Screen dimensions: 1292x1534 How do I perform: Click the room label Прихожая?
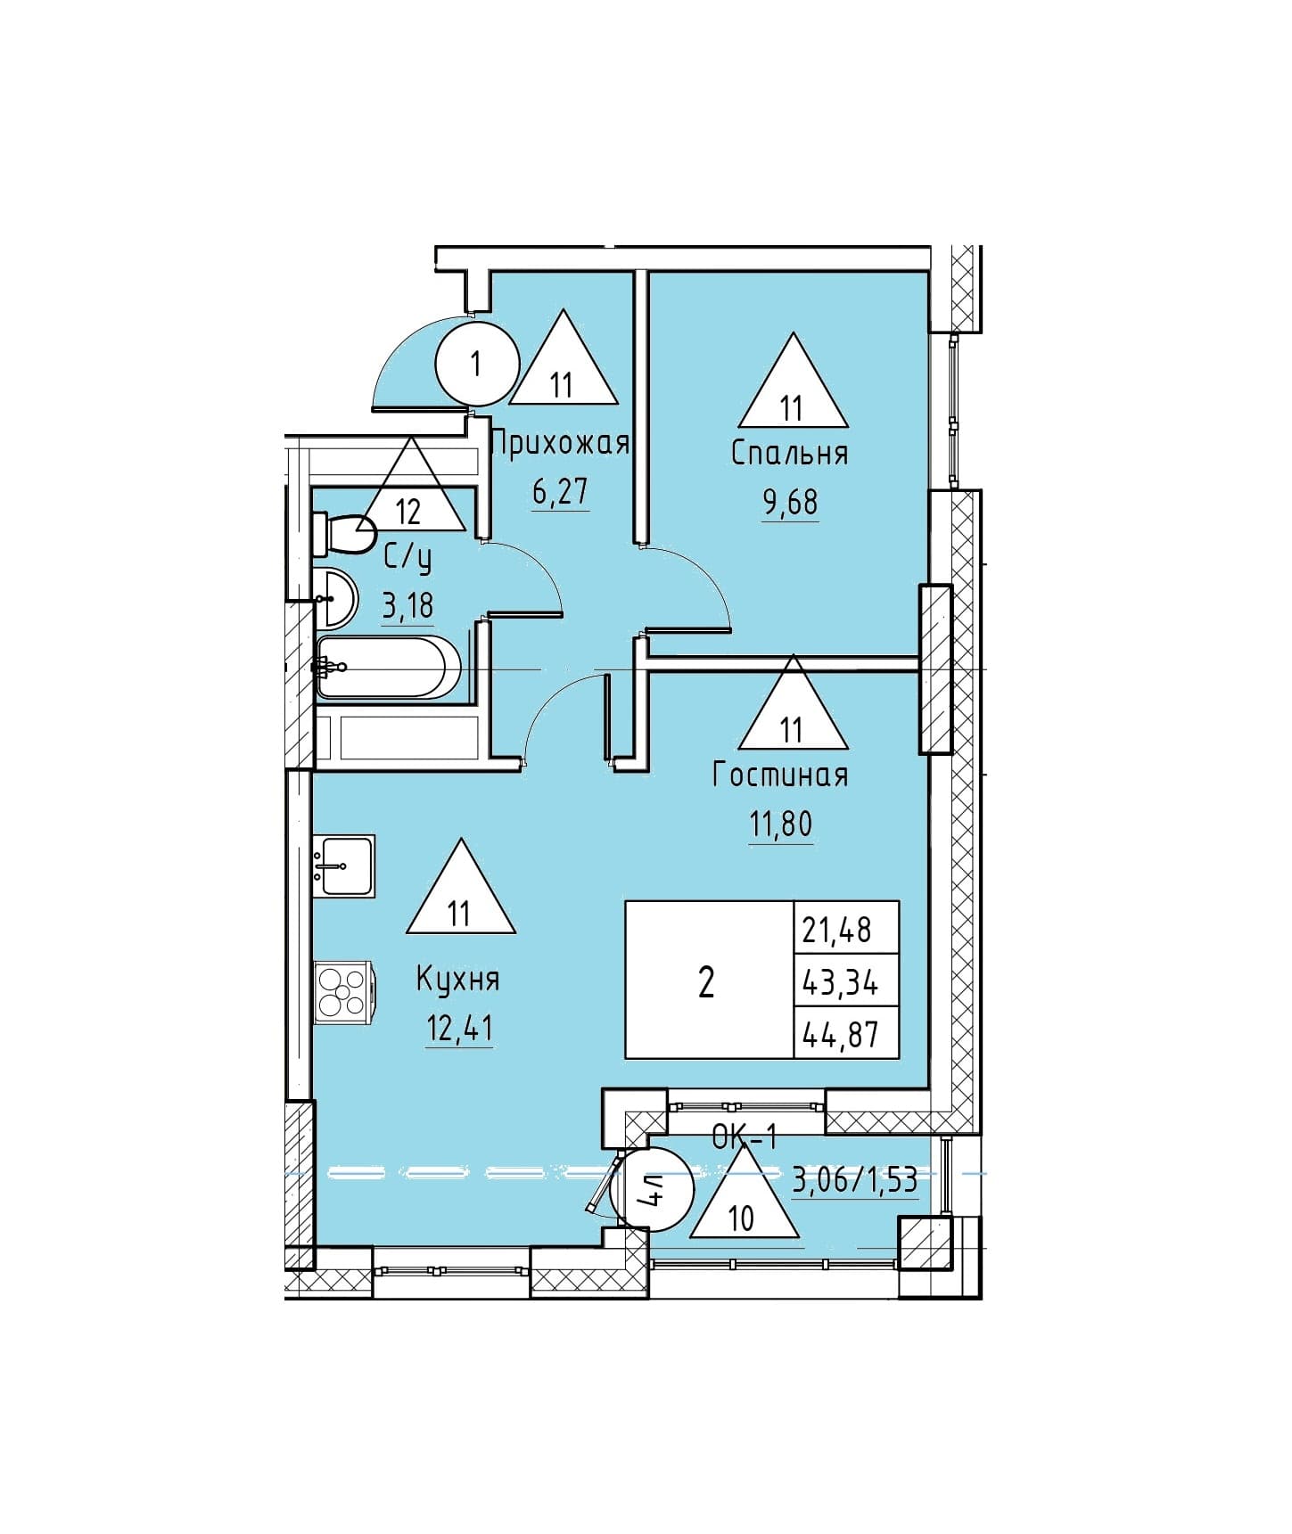pyautogui.click(x=560, y=443)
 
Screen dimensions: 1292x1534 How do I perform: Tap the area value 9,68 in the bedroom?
pyautogui.click(x=789, y=502)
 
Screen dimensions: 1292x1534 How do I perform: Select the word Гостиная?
pyautogui.click(x=780, y=775)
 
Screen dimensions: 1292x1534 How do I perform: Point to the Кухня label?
pyautogui.click(x=458, y=979)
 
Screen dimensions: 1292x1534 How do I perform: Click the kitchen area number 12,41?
pyautogui.click(x=459, y=1029)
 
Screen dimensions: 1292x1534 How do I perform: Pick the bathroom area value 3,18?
pyautogui.click(x=407, y=605)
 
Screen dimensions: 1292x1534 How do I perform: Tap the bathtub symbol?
pyautogui.click(x=388, y=667)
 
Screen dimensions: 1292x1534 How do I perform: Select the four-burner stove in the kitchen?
pyautogui.click(x=344, y=992)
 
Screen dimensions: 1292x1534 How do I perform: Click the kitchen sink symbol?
pyautogui.click(x=344, y=865)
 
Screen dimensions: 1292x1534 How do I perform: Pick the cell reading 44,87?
pyautogui.click(x=846, y=1033)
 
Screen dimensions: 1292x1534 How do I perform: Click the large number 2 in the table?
pyautogui.click(x=706, y=982)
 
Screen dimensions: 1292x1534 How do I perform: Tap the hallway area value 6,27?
pyautogui.click(x=560, y=491)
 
